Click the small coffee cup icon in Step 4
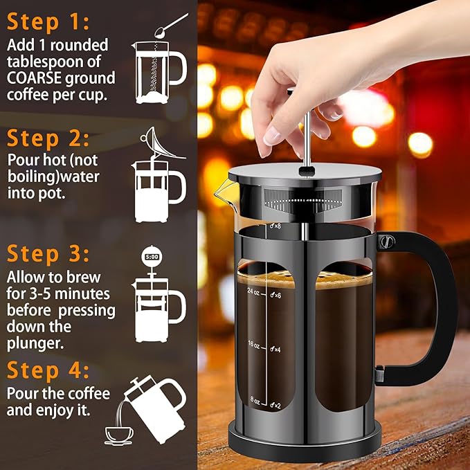point(120,435)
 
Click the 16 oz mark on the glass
point(253,345)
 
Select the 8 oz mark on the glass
point(254,400)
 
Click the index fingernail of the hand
point(271,136)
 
